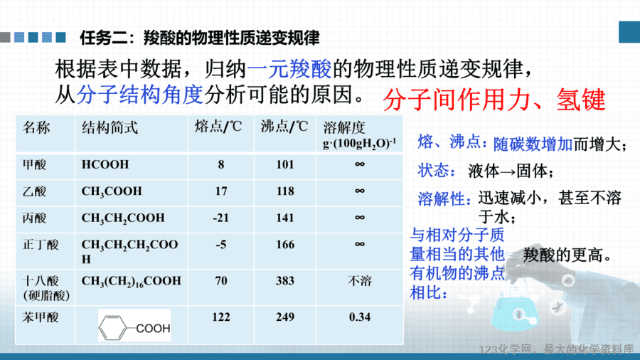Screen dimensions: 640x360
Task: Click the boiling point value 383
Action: tap(285, 281)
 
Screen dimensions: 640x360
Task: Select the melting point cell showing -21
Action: tap(221, 218)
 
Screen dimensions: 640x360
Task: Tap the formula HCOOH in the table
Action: tap(105, 164)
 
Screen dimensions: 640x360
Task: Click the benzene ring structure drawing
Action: tap(112, 327)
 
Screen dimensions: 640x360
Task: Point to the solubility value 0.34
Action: tap(360, 317)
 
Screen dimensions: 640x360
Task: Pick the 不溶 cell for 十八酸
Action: tap(360, 281)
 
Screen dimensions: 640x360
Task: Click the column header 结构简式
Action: tap(110, 128)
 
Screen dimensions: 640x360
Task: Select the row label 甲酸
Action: tap(35, 164)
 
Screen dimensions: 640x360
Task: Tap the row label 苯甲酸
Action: tap(41, 317)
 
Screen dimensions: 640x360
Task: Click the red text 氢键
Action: tap(581, 100)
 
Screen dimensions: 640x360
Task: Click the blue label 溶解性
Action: tap(441, 198)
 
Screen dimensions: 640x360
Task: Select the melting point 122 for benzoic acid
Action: tap(221, 317)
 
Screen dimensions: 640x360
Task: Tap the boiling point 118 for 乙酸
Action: tap(285, 191)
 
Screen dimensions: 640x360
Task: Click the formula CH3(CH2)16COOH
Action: tap(131, 282)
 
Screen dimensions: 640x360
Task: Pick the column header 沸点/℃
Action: tap(284, 127)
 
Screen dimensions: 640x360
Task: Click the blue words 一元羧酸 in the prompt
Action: tap(289, 68)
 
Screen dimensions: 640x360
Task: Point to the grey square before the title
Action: tap(5, 38)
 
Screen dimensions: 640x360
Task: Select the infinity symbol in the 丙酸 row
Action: tap(360, 218)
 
